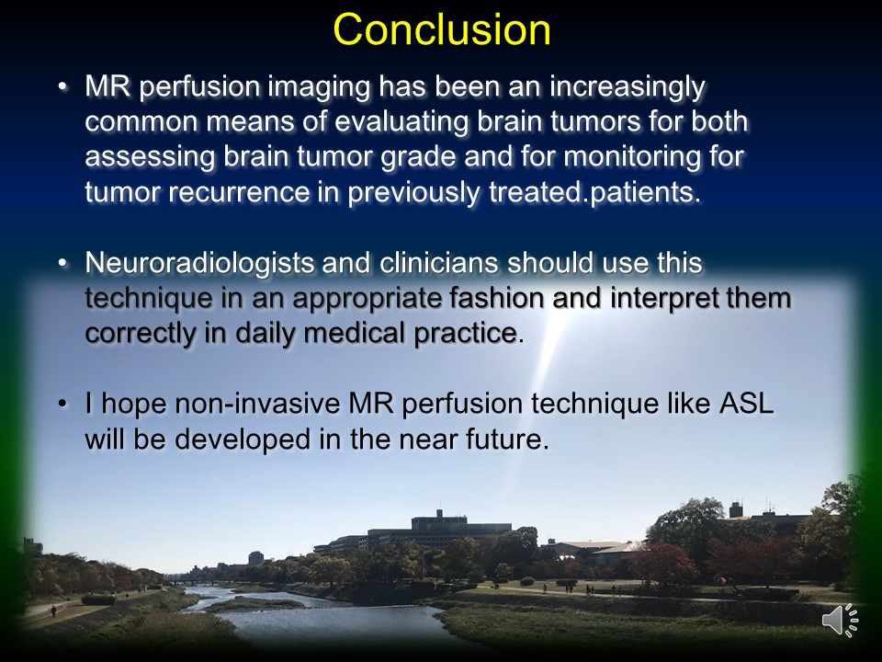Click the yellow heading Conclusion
(x=442, y=29)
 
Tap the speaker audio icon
(x=841, y=621)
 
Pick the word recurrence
(x=239, y=192)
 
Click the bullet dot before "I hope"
(x=63, y=405)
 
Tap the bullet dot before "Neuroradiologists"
(x=63, y=264)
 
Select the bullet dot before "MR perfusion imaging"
(x=63, y=87)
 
